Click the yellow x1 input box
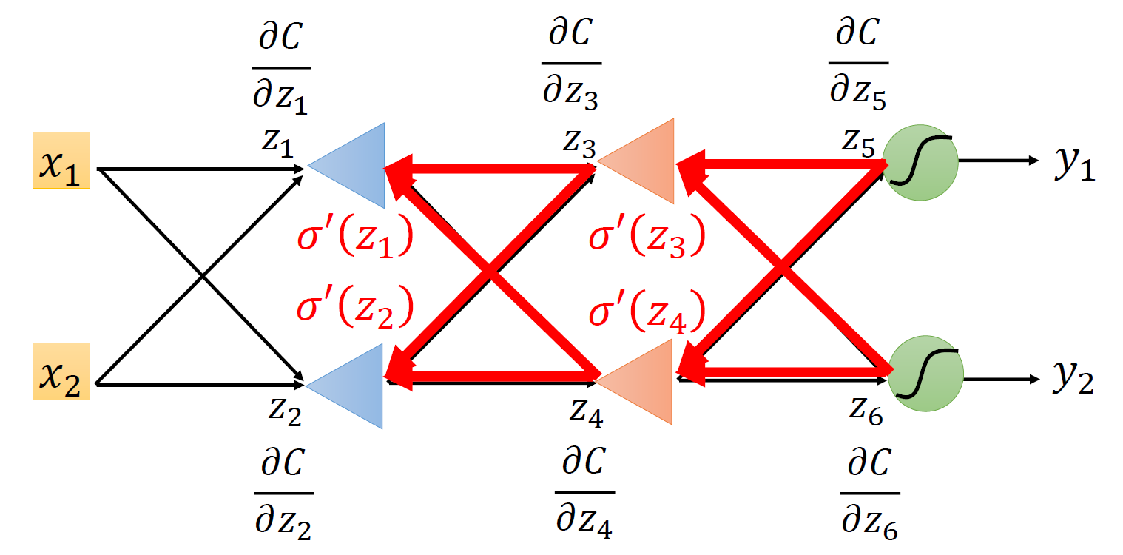click(x=61, y=160)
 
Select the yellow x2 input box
click(x=61, y=371)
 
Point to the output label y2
click(x=1073, y=380)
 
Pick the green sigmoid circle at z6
click(x=925, y=376)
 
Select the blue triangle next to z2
click(x=354, y=386)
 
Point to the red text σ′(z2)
click(x=354, y=309)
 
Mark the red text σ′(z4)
click(x=645, y=309)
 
